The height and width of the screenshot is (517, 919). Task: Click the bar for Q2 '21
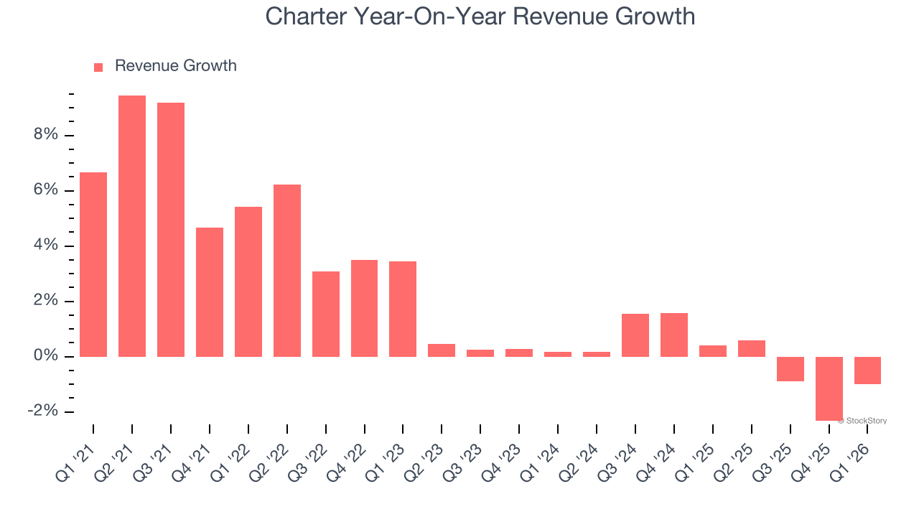point(132,226)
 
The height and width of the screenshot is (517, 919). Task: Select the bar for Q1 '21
point(93,264)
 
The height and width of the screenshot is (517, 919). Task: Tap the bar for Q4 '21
point(210,292)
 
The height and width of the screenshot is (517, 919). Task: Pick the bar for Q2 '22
point(287,271)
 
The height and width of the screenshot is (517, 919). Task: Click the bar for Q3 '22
point(326,314)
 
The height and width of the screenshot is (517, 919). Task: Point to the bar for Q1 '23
point(403,309)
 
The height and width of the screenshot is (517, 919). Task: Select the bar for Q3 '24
point(635,335)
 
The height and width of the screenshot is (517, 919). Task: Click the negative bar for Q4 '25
point(829,388)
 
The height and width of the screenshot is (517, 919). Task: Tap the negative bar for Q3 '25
point(790,369)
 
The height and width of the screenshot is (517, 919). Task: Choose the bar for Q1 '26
point(867,371)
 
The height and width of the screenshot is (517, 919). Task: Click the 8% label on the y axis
point(44,136)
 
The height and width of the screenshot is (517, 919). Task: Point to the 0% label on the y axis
point(44,357)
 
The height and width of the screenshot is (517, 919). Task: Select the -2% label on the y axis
point(42,411)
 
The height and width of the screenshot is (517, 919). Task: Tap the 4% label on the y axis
point(44,246)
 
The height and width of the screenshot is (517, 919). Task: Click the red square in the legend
point(98,67)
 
